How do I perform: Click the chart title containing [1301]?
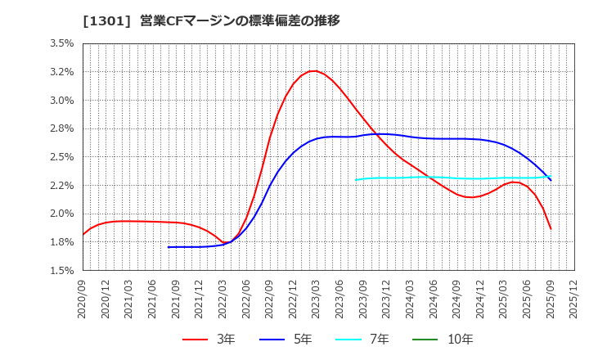211,20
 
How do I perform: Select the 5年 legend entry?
286,339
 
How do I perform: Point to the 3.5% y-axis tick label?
62,44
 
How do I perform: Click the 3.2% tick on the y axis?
62,72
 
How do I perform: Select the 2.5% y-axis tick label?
62,157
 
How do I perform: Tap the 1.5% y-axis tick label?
62,270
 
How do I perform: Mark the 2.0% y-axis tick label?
62,214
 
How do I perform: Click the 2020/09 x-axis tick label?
83,298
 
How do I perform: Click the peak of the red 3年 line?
313,71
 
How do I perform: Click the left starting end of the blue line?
169,247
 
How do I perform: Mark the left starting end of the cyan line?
356,180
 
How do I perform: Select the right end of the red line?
551,228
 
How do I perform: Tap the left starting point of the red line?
83,235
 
